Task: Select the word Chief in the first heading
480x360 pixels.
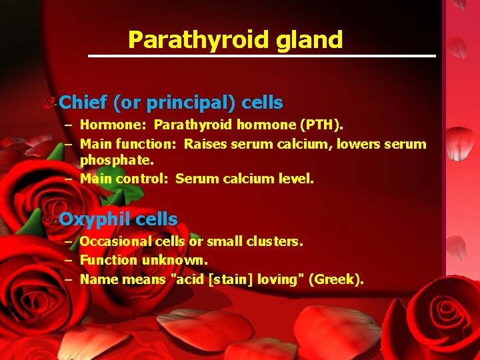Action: click(83, 103)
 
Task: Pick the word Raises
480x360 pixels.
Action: click(205, 143)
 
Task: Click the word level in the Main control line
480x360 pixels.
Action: click(295, 179)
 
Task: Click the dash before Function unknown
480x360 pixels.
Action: click(69, 260)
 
